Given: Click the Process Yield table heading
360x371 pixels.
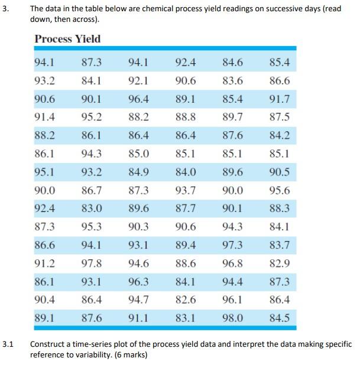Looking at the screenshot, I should coord(67,39).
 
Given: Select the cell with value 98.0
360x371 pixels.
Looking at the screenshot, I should coord(232,318).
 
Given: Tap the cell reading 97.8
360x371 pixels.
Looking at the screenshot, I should coord(91,263).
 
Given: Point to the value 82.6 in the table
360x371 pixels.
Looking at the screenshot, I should coord(186,300).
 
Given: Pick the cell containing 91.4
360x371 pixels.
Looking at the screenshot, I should coord(45,117).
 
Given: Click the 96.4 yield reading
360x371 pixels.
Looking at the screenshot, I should coord(138,99).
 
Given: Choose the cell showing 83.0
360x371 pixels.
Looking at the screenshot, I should coord(91,208).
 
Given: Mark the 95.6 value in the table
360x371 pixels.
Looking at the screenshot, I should coord(279,190).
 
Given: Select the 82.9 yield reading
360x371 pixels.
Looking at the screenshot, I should coord(279,263).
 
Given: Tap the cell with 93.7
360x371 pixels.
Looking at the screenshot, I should coord(186,190).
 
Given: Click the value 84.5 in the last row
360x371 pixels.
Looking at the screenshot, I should coord(279,318).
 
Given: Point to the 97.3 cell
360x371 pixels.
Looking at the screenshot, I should coord(232,245).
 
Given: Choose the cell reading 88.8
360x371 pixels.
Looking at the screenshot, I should coord(186,117).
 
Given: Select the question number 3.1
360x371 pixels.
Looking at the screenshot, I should coord(7,344).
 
